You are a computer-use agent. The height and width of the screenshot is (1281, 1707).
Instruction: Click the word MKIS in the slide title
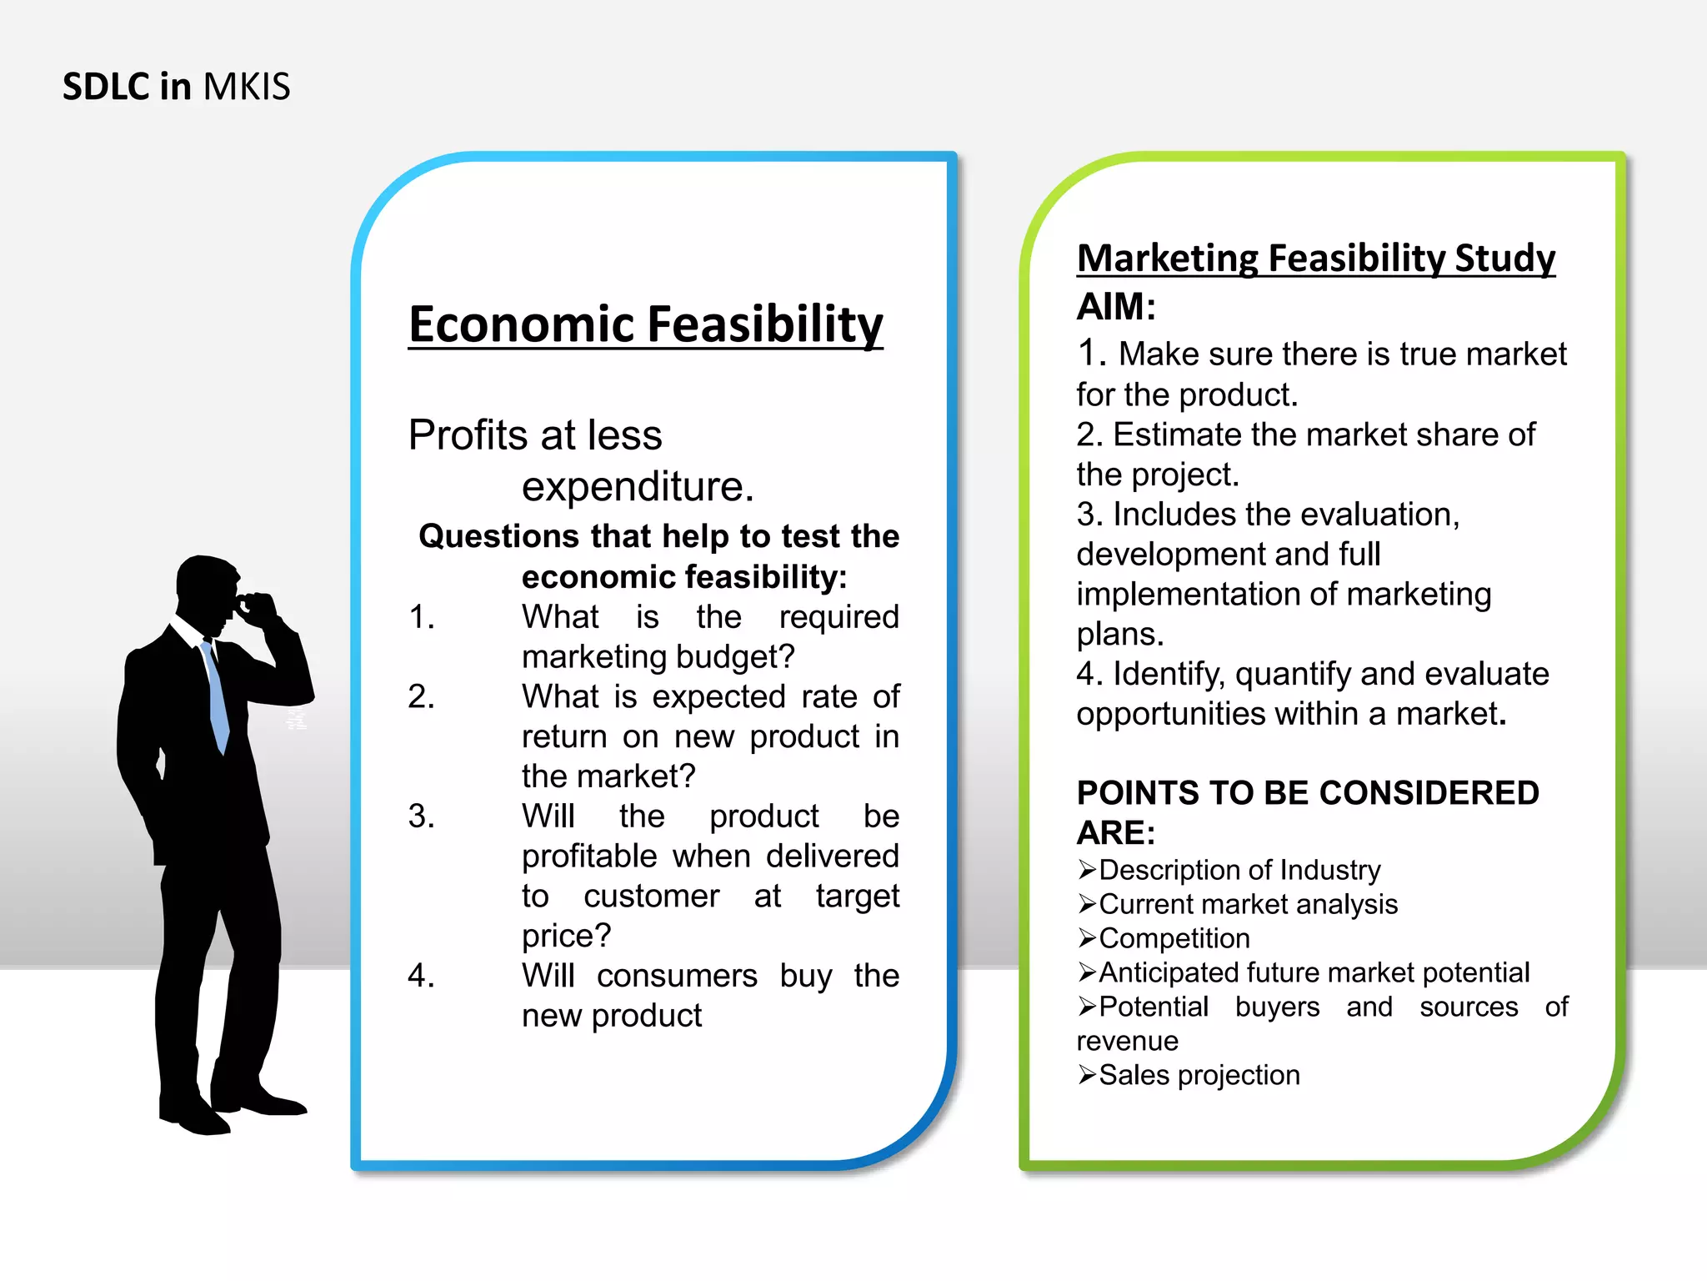pos(247,87)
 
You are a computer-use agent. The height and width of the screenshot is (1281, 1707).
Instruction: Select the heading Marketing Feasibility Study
pos(1315,258)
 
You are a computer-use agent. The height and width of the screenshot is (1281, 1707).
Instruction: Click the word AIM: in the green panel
pos(1116,307)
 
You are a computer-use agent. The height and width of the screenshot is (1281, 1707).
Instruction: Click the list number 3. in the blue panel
pos(421,816)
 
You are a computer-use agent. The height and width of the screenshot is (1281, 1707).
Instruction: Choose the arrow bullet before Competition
pos(1086,939)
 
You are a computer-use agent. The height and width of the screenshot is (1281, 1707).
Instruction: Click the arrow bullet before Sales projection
pos(1086,1076)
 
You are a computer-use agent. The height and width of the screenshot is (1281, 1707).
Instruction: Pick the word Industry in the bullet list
pos(1330,870)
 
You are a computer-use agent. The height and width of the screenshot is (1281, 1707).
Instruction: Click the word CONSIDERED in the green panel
pos(1429,793)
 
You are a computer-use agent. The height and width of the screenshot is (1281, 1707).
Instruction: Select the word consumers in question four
pos(677,976)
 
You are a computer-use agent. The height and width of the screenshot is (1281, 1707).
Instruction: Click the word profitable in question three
pos(589,857)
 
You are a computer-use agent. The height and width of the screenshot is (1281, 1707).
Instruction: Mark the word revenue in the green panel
pos(1127,1041)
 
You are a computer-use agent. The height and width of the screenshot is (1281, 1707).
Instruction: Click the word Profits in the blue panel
pos(468,435)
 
